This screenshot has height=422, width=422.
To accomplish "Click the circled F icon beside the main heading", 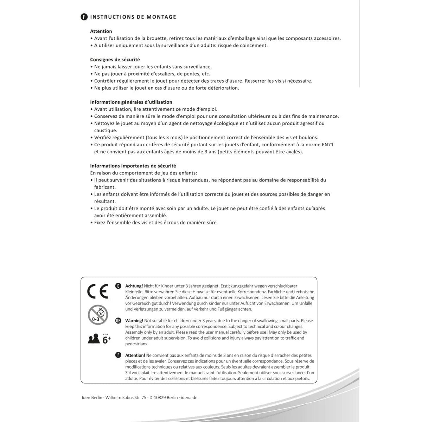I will point(84,17).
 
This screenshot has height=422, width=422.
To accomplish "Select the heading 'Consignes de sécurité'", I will point(115,59).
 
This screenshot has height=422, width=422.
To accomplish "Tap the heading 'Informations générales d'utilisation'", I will point(131,102).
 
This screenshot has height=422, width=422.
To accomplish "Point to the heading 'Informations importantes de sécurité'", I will point(133,166).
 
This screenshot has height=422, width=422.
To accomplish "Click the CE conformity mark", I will point(97,291).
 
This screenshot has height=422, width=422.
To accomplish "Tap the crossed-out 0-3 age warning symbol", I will point(98,315).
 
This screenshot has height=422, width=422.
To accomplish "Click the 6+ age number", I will point(106,340).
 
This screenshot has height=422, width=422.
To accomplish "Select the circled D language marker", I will point(119,286).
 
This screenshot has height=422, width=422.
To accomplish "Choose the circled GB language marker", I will point(119,320).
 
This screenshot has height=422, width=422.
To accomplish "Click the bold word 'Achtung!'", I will point(134,286).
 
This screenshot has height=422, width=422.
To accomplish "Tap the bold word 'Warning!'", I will point(134,321).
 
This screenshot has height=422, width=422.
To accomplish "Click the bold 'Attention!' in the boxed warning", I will point(135,355).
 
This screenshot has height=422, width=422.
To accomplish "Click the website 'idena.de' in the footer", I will point(190,398).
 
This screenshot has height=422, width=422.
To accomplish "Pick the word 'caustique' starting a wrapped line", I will point(105,130).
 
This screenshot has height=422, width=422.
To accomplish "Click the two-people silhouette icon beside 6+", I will point(94,339).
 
